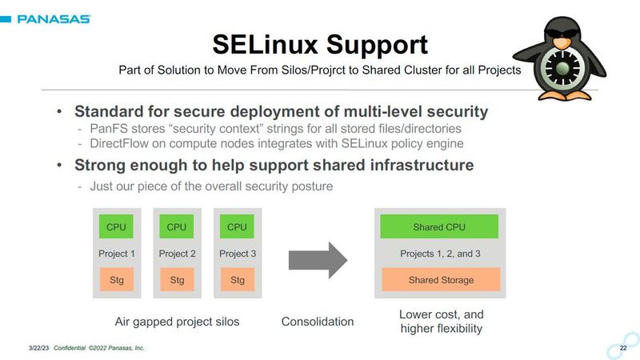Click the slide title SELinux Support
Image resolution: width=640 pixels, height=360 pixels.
(x=320, y=43)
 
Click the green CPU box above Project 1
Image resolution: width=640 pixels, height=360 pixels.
(x=117, y=226)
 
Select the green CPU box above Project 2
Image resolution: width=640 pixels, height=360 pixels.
(x=177, y=226)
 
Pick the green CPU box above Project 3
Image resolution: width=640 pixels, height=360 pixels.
(x=237, y=226)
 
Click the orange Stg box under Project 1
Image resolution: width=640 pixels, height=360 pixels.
(x=117, y=280)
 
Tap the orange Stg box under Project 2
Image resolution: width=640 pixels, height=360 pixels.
(x=177, y=280)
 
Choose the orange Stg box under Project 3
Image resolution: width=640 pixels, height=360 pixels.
(x=237, y=280)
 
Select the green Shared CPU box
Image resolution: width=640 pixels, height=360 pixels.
(x=439, y=226)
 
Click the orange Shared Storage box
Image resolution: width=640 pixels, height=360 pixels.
(x=441, y=280)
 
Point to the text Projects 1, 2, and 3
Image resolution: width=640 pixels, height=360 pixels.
(x=440, y=254)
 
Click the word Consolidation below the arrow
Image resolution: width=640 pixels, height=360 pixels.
(x=317, y=322)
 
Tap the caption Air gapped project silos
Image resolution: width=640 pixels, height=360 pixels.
(x=178, y=322)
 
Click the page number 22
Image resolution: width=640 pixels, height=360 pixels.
(x=623, y=348)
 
